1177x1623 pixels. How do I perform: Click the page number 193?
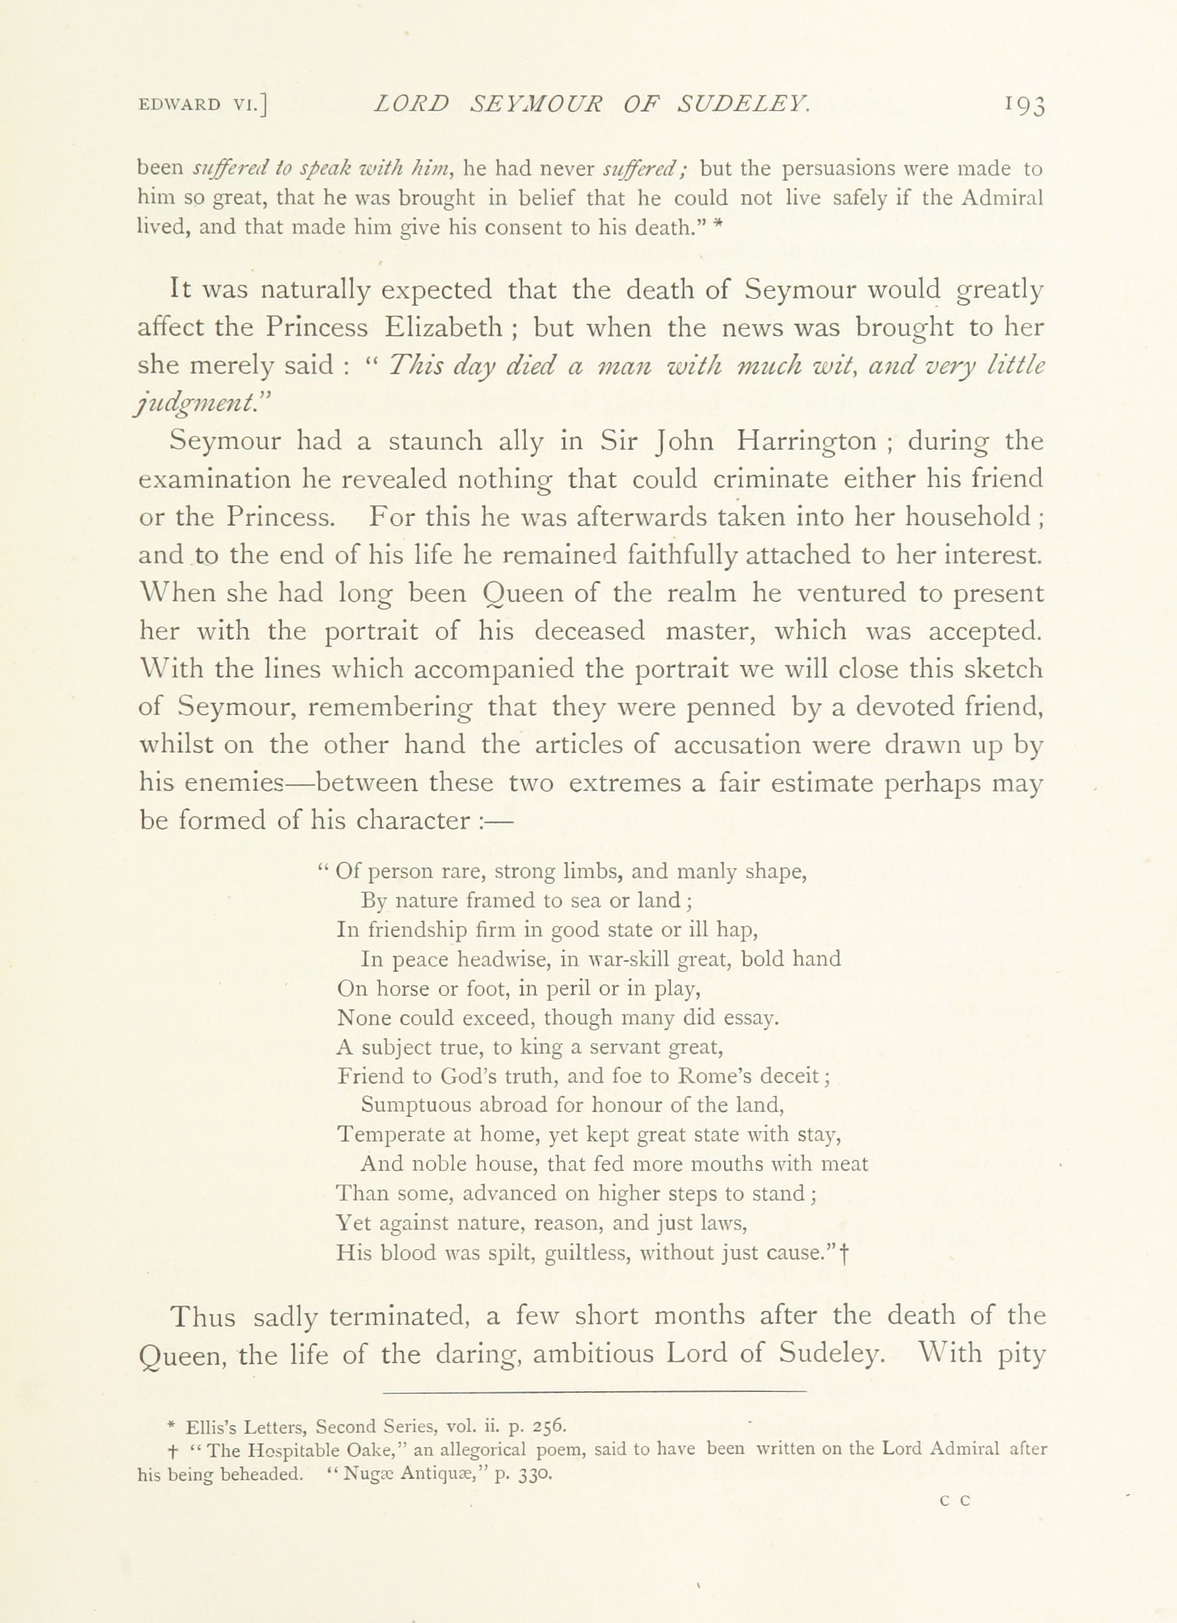click(1025, 105)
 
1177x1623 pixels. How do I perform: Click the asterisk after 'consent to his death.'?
click(720, 225)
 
